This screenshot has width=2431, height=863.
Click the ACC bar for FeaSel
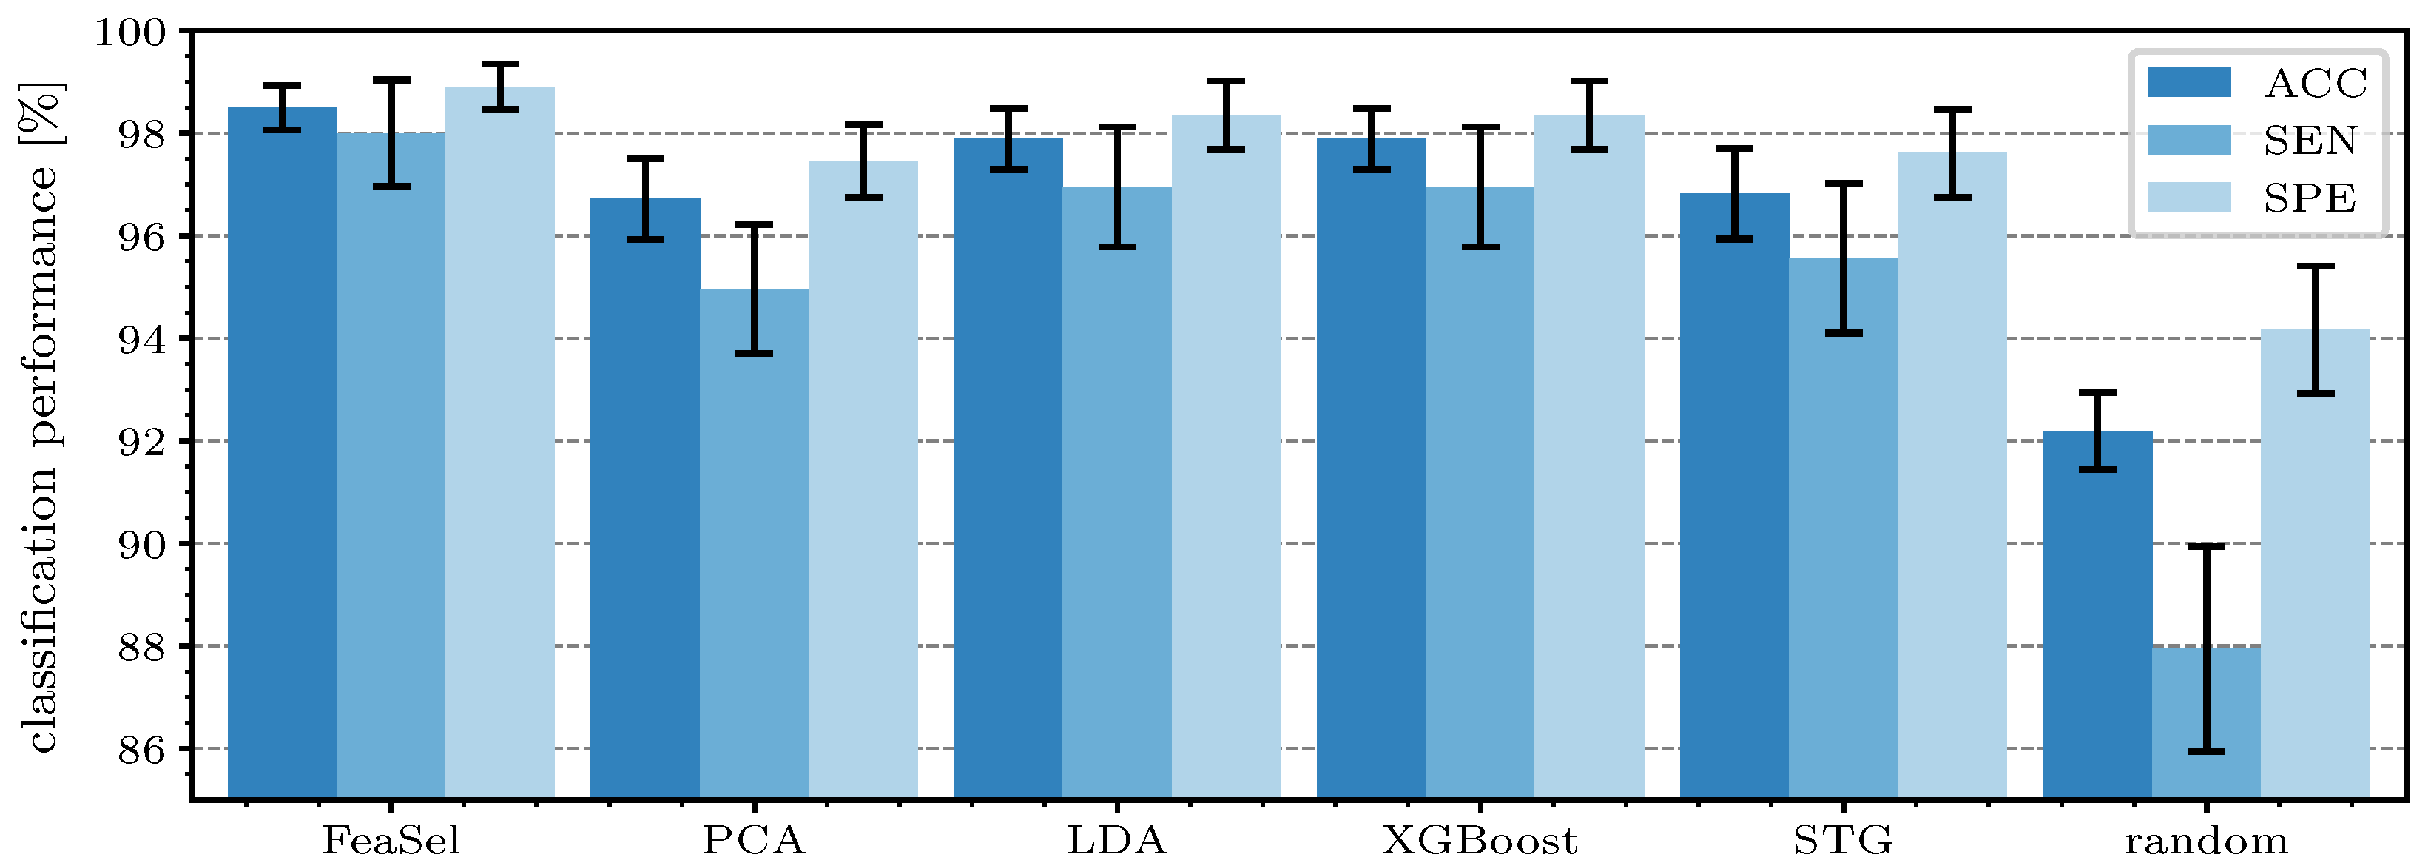pyautogui.click(x=282, y=453)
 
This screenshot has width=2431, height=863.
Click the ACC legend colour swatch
pyautogui.click(x=2188, y=82)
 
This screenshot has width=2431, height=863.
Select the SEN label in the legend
pyautogui.click(x=2310, y=141)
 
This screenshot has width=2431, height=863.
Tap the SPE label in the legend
pyautogui.click(x=2310, y=198)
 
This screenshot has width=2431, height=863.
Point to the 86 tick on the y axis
pyautogui.click(x=141, y=750)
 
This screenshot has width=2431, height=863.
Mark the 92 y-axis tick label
pyautogui.click(x=141, y=442)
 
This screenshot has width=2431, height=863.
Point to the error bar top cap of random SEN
pyautogui.click(x=2206, y=547)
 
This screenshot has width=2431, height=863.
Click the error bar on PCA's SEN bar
pyautogui.click(x=754, y=289)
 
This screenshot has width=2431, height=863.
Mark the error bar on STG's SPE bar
pyautogui.click(x=1952, y=153)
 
